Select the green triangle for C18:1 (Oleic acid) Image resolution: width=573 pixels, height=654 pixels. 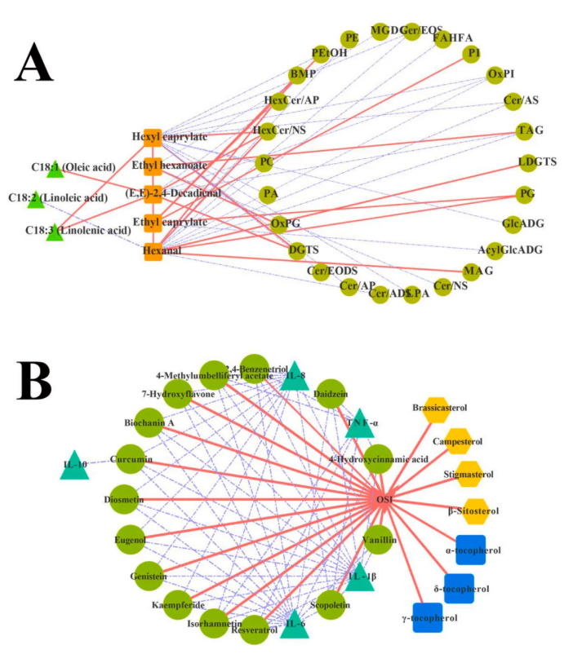tap(55, 170)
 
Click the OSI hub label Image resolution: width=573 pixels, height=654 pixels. tap(385, 498)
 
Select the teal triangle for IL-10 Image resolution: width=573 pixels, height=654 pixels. tap(74, 466)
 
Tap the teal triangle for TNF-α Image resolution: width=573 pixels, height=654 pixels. tap(359, 423)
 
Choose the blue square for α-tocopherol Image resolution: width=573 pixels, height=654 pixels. tap(471, 550)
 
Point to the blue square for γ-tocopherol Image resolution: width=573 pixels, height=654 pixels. tap(428, 617)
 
